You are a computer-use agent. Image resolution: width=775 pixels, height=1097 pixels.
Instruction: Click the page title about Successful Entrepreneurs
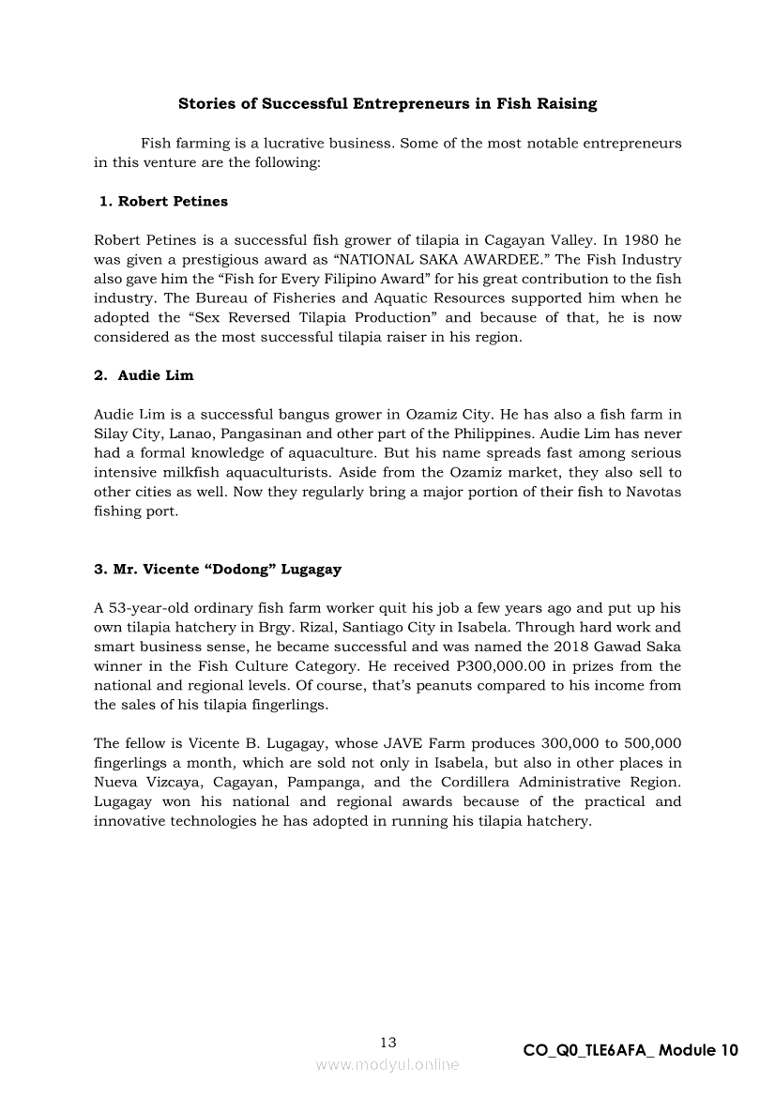click(x=387, y=104)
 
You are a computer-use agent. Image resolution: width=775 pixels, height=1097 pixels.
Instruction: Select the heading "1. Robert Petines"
click(x=163, y=202)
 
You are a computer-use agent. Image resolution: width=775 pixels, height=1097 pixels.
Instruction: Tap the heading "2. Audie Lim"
click(x=144, y=375)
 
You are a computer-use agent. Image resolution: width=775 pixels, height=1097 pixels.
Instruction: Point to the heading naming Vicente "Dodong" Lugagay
click(x=218, y=570)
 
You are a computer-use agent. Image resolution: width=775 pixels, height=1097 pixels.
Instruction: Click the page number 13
click(x=387, y=1043)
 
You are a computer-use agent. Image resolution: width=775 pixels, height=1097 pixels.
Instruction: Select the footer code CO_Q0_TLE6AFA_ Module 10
click(x=631, y=1051)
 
